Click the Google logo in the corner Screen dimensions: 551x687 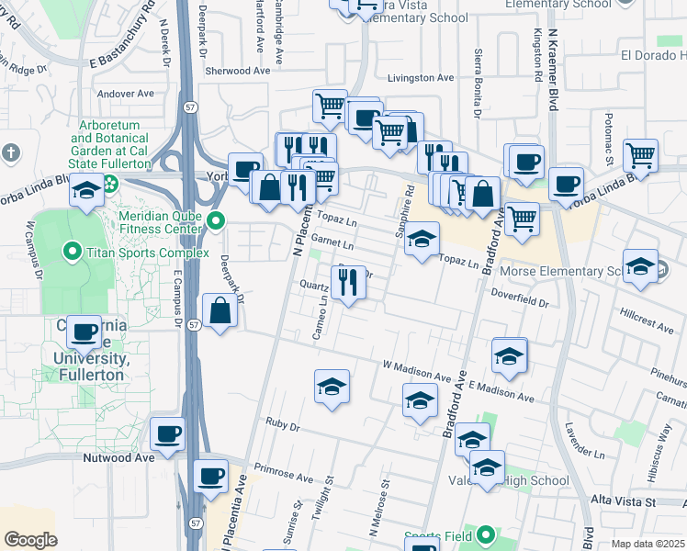[30, 540]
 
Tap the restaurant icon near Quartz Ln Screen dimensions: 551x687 [347, 284]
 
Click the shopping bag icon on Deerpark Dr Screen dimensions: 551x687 [220, 311]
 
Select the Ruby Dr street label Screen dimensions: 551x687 [282, 427]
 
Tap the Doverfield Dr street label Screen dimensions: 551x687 [519, 299]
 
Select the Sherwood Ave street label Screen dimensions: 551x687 [238, 71]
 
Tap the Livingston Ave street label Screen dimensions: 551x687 [422, 78]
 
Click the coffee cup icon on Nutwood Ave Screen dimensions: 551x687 [167, 434]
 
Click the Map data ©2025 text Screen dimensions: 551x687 [648, 544]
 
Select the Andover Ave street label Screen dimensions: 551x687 [125, 94]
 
